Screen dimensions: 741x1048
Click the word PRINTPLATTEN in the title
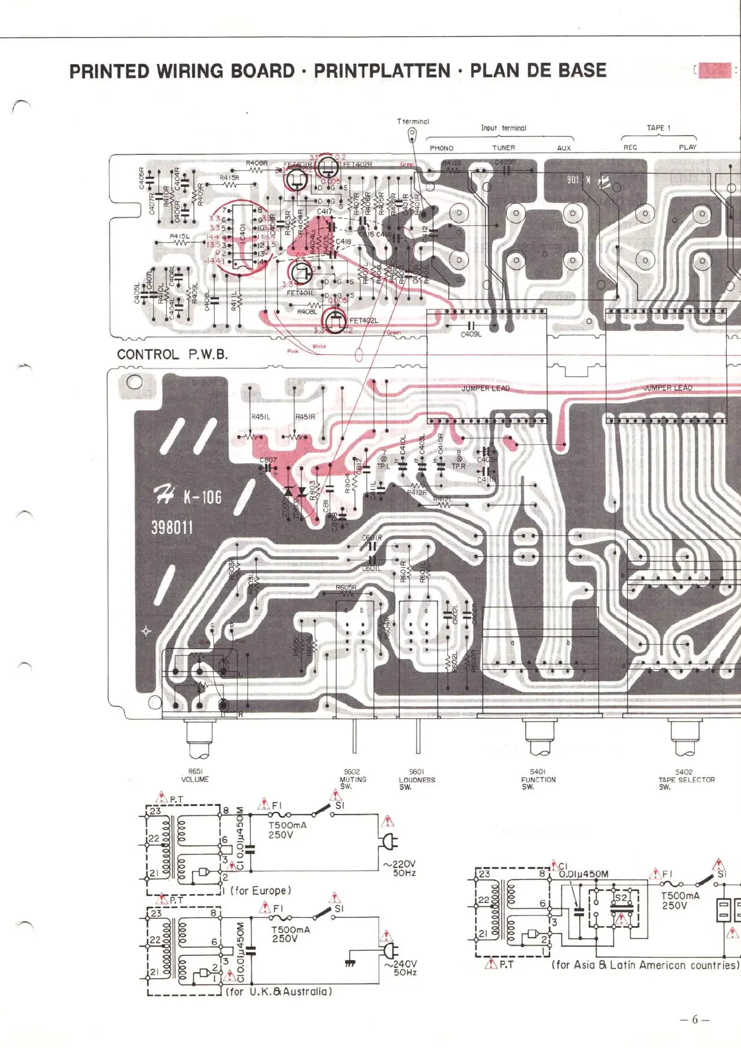pyautogui.click(x=382, y=71)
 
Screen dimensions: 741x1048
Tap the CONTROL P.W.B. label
pyautogui.click(x=172, y=355)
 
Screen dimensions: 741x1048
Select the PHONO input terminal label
pyautogui.click(x=441, y=148)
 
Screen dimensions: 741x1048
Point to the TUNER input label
pyautogui.click(x=504, y=148)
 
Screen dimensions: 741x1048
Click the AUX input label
pyautogui.click(x=564, y=148)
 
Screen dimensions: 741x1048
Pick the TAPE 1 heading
pyautogui.click(x=658, y=128)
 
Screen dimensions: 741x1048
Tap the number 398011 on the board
pyautogui.click(x=172, y=528)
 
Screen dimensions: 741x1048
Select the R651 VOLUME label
pyautogui.click(x=195, y=775)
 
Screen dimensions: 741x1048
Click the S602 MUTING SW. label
pyautogui.click(x=352, y=779)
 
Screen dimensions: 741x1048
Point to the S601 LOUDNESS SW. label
pyautogui.click(x=417, y=779)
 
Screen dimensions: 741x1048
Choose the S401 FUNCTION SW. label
pyautogui.click(x=538, y=779)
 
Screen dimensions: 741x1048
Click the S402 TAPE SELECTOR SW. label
pyautogui.click(x=686, y=779)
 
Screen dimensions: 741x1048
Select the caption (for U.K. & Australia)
pyautogui.click(x=278, y=991)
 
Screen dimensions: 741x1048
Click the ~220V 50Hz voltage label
pyautogui.click(x=400, y=868)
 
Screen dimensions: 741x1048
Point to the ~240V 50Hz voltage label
pyautogui.click(x=401, y=968)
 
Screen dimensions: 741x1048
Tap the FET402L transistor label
pyautogui.click(x=364, y=320)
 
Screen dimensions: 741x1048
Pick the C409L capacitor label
pyautogui.click(x=471, y=334)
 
